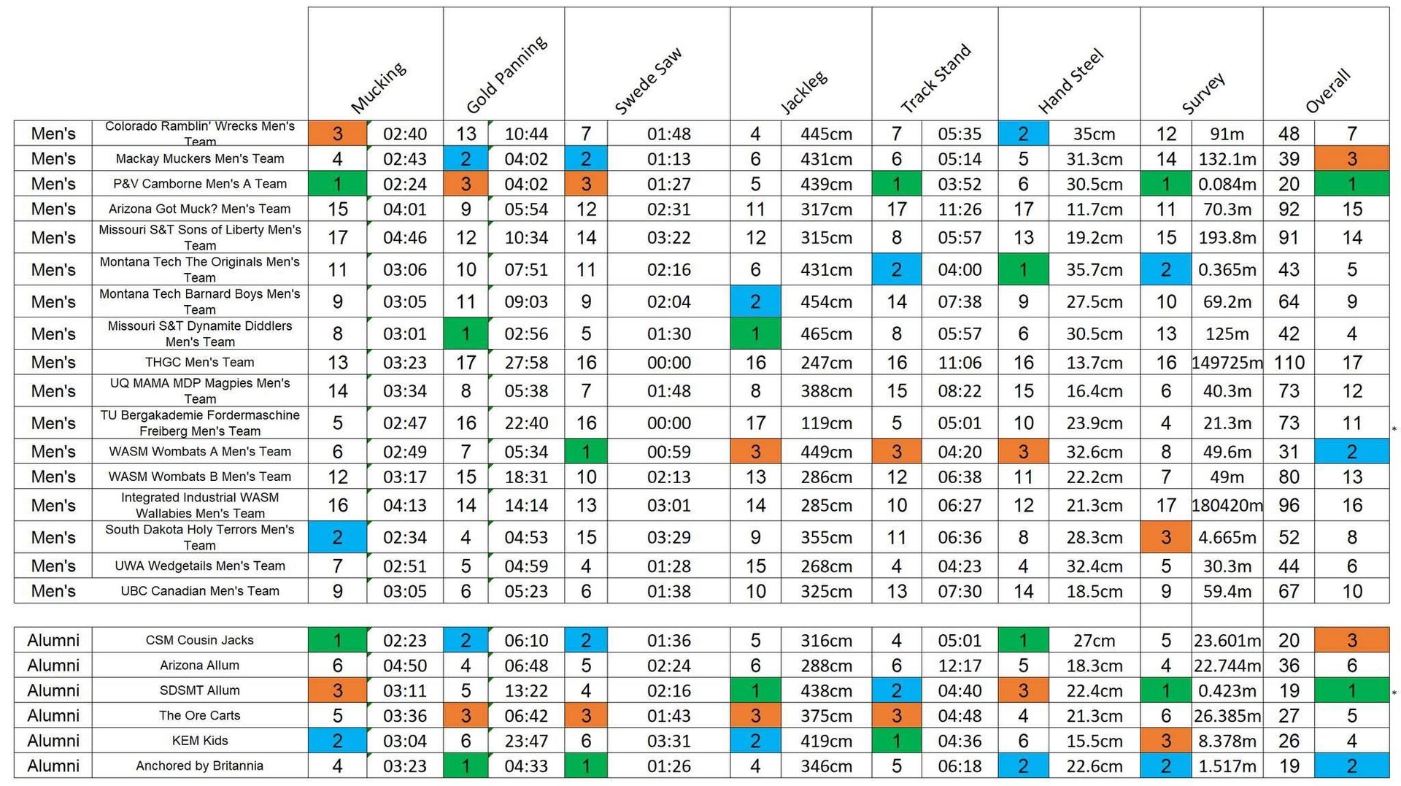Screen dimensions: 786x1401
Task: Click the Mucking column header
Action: click(377, 88)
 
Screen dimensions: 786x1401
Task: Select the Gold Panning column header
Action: click(506, 75)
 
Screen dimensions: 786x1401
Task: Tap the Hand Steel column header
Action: click(1070, 81)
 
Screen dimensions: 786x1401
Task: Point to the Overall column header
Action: click(1327, 91)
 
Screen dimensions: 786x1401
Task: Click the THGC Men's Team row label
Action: click(199, 362)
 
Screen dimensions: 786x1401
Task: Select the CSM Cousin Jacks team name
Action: click(199, 640)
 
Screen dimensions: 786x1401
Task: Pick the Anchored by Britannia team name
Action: click(199, 766)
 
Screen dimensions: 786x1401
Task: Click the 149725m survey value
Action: click(1227, 363)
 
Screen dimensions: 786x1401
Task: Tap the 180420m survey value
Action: click(1227, 505)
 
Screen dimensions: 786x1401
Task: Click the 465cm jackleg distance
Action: click(825, 334)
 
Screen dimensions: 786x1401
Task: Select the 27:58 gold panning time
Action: click(525, 363)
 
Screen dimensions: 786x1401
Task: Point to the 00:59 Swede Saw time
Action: click(668, 452)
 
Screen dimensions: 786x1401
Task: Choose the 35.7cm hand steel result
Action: click(1093, 269)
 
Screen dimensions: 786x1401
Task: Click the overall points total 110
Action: click(1289, 363)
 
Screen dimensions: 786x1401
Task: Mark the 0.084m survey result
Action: click(1227, 184)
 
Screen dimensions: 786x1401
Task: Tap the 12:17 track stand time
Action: click(959, 666)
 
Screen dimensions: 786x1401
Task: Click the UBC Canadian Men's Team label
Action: click(199, 591)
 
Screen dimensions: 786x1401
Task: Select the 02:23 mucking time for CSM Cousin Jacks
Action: click(404, 640)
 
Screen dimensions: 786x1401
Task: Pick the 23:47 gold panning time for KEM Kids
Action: click(525, 741)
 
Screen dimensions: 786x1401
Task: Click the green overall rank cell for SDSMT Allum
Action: click(1351, 690)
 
